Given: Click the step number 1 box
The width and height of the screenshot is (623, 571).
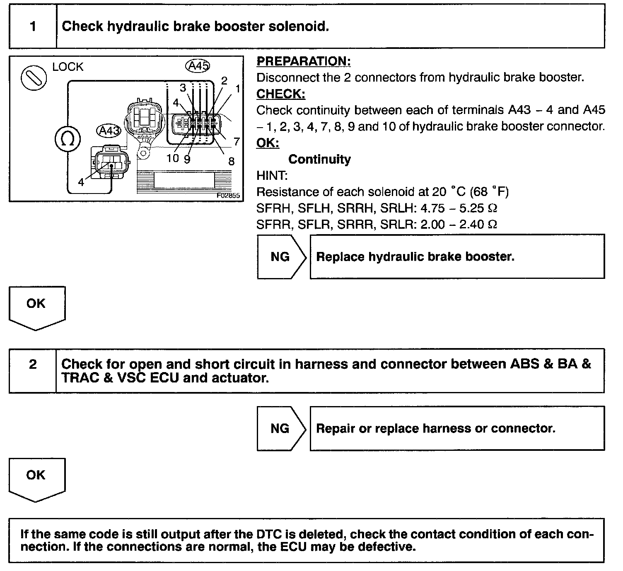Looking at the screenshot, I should [33, 27].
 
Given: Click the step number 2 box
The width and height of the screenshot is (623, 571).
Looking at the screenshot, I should [33, 365].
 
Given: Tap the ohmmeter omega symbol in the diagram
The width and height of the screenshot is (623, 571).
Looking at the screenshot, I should [68, 139].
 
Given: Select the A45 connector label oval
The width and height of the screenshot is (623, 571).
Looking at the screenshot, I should [198, 66].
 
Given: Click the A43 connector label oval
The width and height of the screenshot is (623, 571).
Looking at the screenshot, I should [109, 131].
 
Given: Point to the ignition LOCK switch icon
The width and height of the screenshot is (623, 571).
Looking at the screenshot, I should [34, 77].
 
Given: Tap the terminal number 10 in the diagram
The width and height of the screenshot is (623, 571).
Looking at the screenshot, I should [173, 158].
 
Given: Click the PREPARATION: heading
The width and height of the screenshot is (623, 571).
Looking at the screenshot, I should [304, 61].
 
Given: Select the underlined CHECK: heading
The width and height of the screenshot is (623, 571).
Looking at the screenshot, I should [280, 94].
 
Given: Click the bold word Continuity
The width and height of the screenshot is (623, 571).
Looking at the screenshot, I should [319, 159].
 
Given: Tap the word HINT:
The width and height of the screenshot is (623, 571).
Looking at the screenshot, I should [272, 176].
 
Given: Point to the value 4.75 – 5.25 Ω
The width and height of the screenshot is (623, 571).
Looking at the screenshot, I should [459, 208].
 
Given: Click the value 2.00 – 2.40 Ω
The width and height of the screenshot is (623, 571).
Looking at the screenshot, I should [459, 225].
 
